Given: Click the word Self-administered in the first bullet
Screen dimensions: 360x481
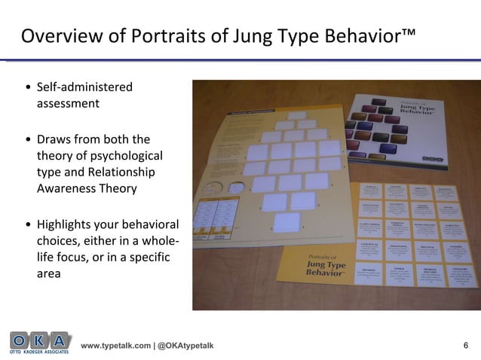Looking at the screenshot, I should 84,87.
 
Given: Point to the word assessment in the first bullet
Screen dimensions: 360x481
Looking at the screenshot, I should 68,104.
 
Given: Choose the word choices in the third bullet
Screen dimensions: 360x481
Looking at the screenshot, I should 57,241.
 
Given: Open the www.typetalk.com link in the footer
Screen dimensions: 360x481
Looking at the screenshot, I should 115,345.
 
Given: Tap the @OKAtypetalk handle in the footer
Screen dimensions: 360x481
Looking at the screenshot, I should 185,345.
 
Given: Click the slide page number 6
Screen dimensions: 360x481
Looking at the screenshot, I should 465,345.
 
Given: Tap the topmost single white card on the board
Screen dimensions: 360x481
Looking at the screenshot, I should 296,116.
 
